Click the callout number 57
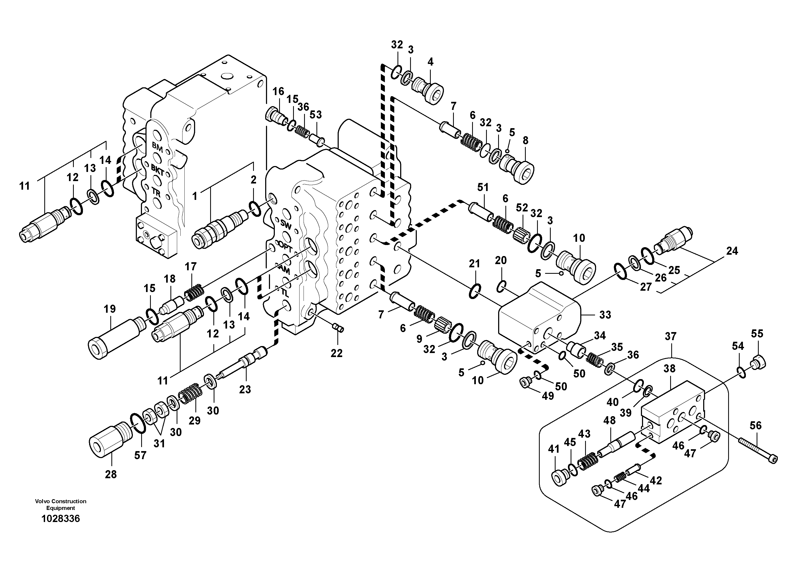click(140, 455)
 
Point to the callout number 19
click(110, 309)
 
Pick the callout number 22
click(337, 353)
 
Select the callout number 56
click(756, 425)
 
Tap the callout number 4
click(430, 62)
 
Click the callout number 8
click(525, 141)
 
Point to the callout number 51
click(483, 188)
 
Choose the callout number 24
click(732, 251)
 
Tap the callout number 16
click(278, 92)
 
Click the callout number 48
click(609, 420)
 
